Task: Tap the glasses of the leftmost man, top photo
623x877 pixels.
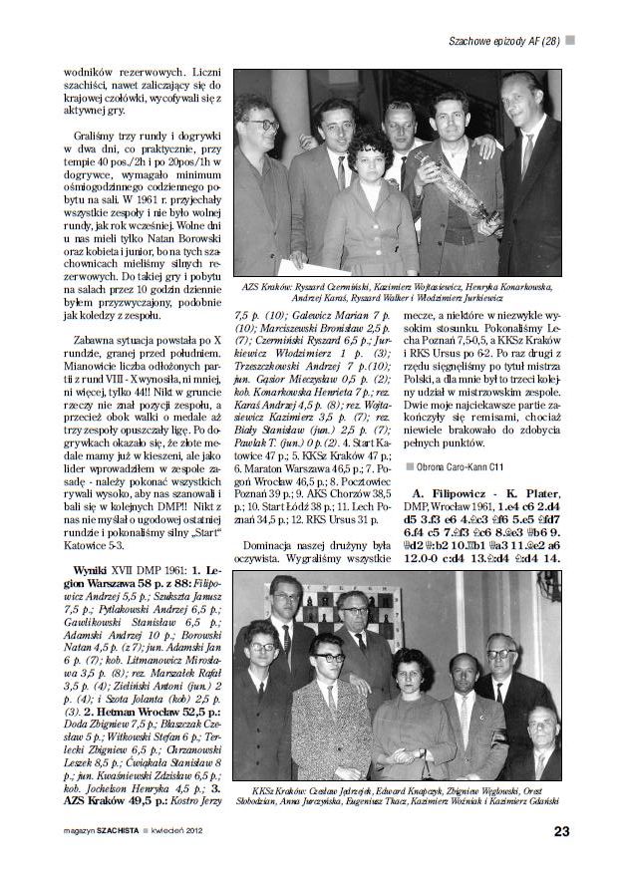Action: click(x=262, y=126)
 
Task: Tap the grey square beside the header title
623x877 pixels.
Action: click(x=570, y=40)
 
